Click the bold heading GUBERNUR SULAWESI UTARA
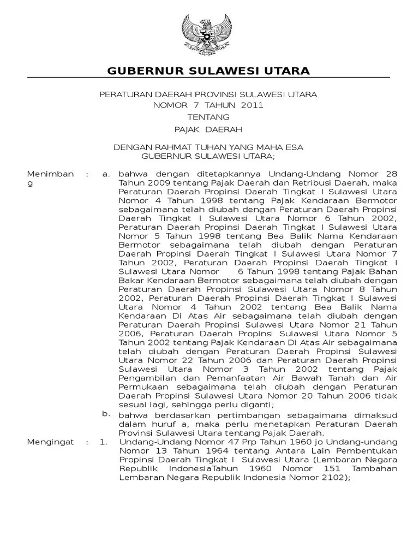pos(208,71)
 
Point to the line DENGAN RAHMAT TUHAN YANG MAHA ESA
pos(208,147)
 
